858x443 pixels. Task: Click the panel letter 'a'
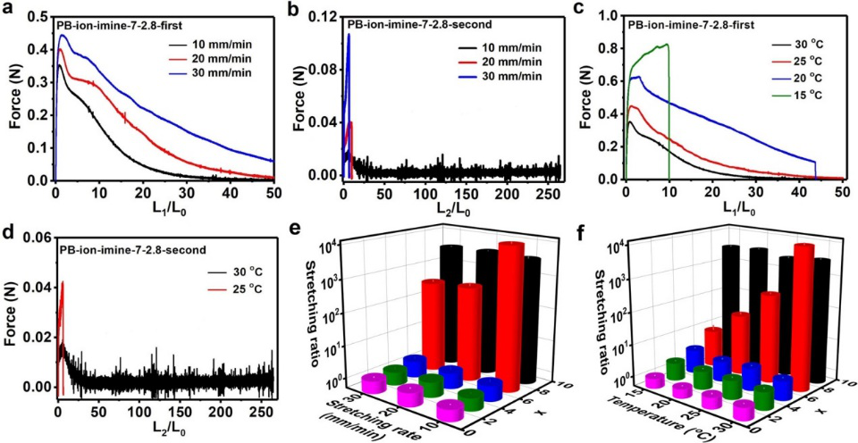pyautogui.click(x=8, y=10)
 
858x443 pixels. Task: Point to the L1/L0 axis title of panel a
pyautogui.click(x=164, y=211)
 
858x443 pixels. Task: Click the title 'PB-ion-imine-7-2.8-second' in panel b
pyautogui.click(x=413, y=23)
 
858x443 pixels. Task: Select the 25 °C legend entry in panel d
pyautogui.click(x=235, y=279)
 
